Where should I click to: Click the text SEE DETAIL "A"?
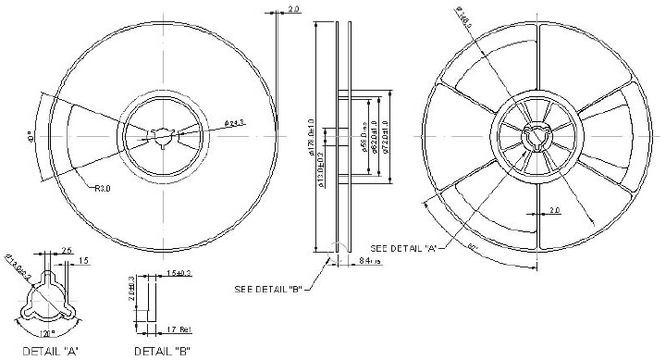coord(403,248)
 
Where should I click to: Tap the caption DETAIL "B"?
coord(163,351)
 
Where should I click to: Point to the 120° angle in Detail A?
coord(48,331)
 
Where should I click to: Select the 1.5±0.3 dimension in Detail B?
coord(179,275)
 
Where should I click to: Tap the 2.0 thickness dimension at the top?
coord(294,9)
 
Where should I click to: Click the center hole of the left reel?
coord(163,135)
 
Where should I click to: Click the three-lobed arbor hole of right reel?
coord(535,136)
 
